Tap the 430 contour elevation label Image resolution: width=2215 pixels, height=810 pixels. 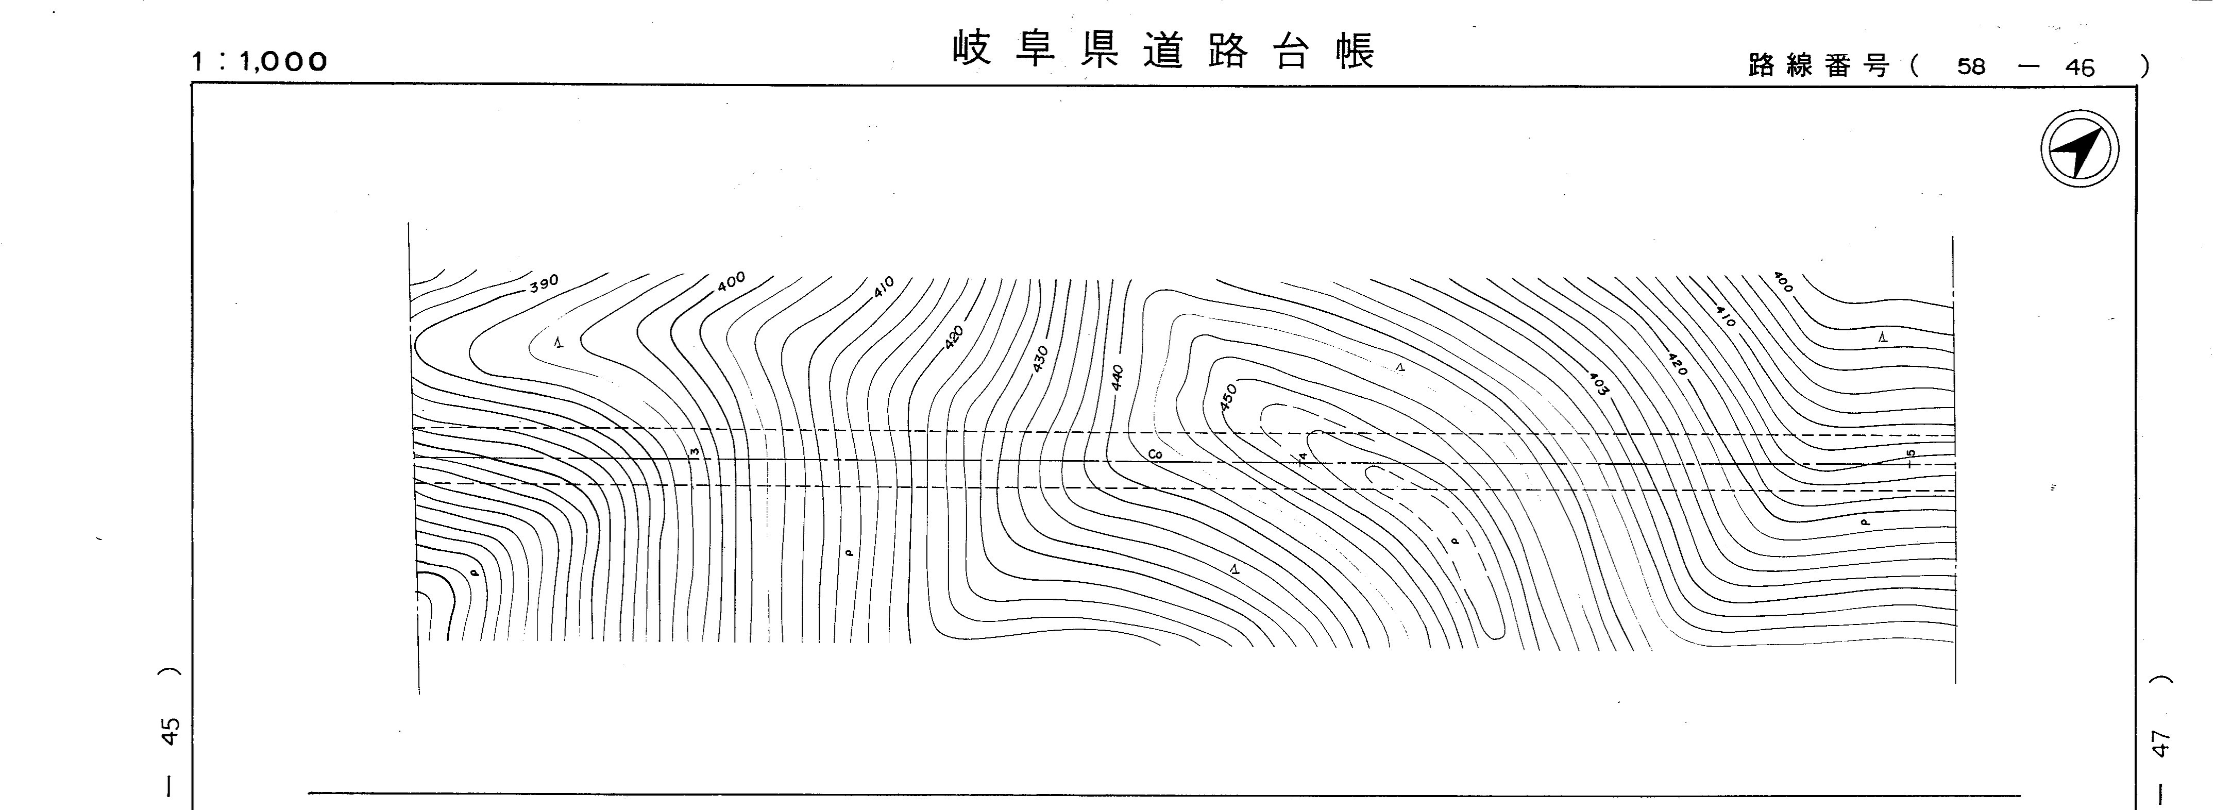point(1040,360)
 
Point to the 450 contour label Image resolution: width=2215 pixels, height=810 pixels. point(1228,396)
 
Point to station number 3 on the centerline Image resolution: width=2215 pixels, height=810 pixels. point(695,451)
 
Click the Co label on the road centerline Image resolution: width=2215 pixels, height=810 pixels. point(1155,454)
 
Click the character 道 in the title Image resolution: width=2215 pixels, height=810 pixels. point(1164,50)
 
